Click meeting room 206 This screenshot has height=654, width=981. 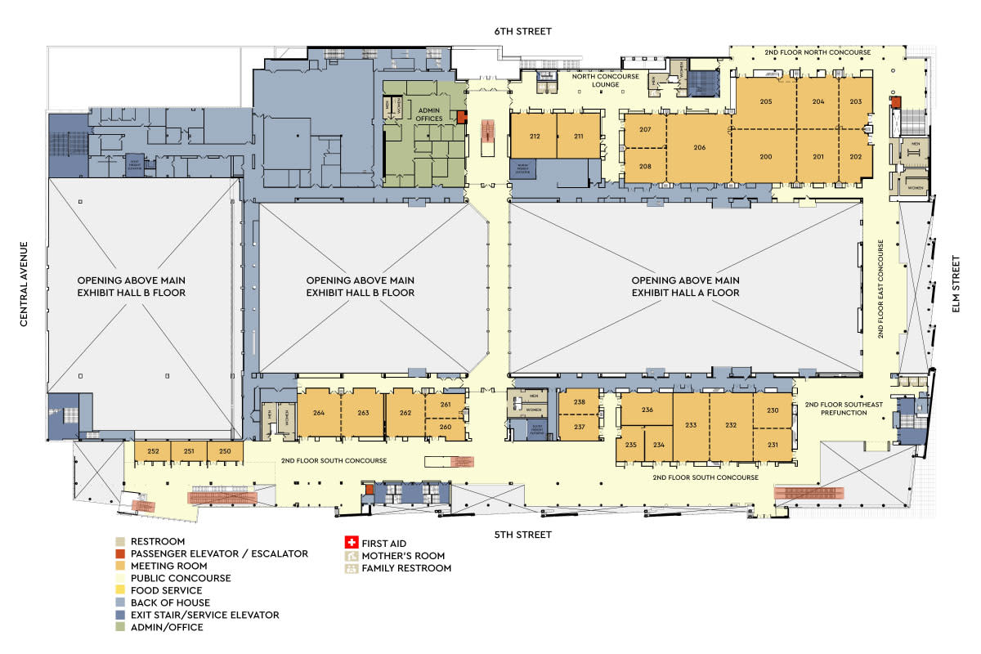coord(699,147)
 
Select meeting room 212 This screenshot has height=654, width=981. coord(535,136)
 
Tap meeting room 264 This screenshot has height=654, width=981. coord(319,413)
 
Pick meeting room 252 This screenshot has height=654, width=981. coord(153,451)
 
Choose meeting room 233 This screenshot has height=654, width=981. coord(691,425)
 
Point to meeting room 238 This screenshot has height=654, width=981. coord(579,401)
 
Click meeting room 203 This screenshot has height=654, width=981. coord(856,101)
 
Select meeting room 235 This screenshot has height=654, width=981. coord(631,445)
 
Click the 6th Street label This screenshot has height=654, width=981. coord(523,31)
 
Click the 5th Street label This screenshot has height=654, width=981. coord(523,535)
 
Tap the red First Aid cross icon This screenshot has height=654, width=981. coord(352,543)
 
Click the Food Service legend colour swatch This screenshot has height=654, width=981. coord(120,590)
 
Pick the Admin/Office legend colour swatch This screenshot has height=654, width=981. coord(120,627)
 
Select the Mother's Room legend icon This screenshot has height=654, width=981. coord(352,555)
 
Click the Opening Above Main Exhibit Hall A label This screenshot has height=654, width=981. coord(685,286)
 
